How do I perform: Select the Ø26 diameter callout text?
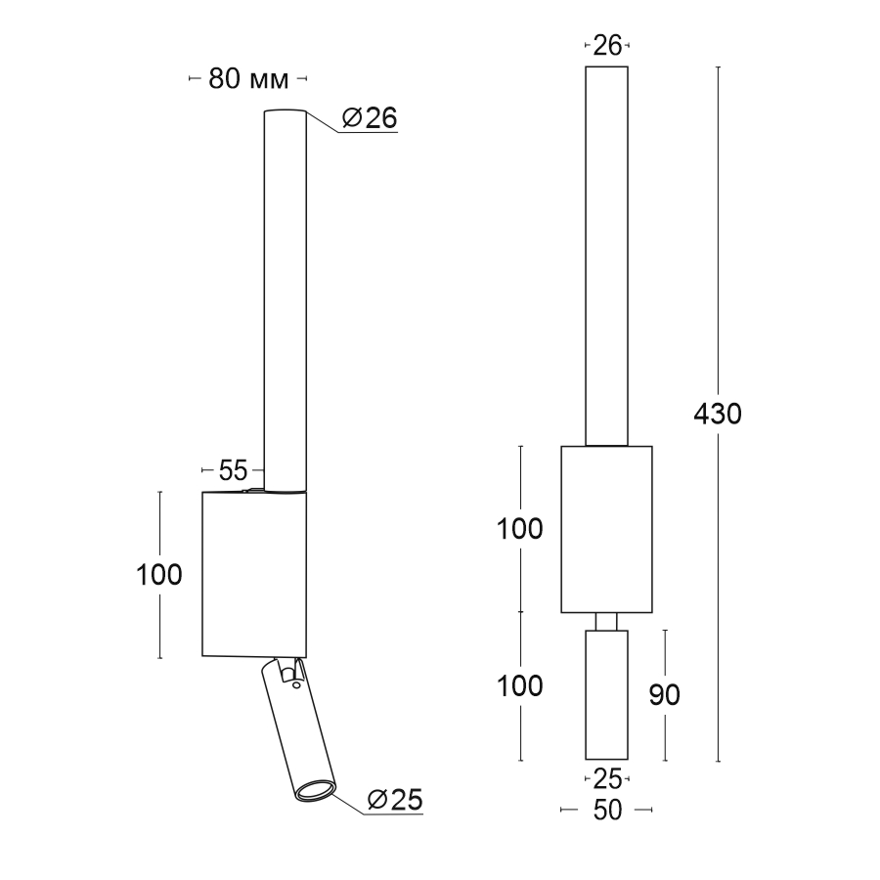370,118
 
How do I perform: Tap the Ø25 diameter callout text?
395,800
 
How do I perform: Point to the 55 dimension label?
233,470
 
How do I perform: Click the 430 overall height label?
718,415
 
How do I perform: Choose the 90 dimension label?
665,695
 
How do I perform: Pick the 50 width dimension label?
607,810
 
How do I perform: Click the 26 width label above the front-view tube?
607,45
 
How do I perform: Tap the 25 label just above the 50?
607,779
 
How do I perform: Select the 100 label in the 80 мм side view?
159,575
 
